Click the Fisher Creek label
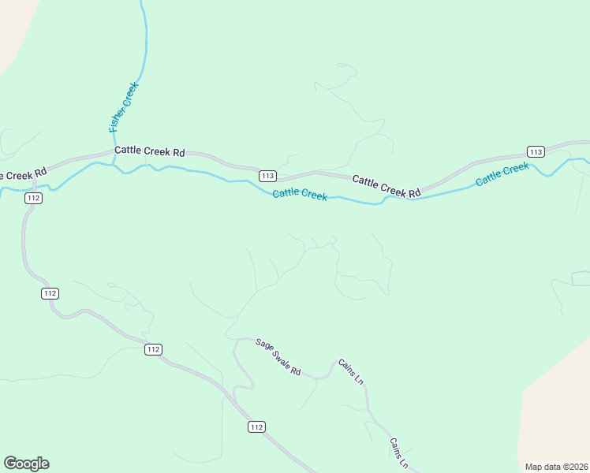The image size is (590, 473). tap(124, 106)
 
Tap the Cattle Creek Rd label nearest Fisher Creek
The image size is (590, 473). tap(149, 151)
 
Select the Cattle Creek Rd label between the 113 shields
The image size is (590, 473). tap(386, 186)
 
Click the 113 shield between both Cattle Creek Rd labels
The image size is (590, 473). tap(267, 175)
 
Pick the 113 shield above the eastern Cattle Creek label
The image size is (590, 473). tap(536, 151)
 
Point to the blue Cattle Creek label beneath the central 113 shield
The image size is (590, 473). tap(300, 194)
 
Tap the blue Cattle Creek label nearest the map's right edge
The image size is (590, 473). tap(502, 174)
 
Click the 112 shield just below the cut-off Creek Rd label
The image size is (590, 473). tap(32, 198)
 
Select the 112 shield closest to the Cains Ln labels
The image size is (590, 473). tap(256, 426)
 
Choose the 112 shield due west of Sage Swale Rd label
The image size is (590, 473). tap(153, 349)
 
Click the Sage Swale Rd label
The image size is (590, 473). tap(278, 356)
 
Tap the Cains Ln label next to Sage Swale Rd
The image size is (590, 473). tap(351, 371)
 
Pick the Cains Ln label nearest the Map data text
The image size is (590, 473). tap(399, 454)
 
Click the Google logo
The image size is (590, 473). tap(27, 464)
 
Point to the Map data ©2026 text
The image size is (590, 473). tap(557, 467)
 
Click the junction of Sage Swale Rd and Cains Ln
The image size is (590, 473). tap(318, 378)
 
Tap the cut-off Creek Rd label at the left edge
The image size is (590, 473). tap(22, 172)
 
